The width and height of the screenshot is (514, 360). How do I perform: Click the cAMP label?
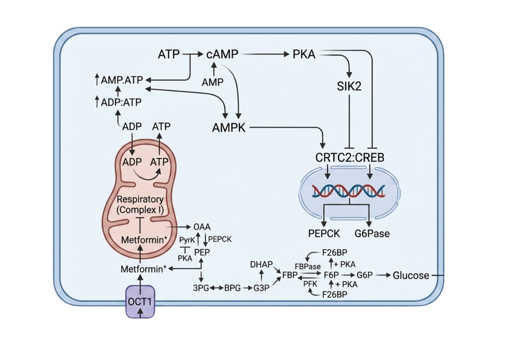222,54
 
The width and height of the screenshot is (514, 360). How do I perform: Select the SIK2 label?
349,86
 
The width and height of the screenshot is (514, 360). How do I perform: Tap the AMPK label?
229,128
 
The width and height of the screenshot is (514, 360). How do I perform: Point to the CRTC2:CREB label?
350,158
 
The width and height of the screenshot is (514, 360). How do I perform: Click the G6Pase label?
372,234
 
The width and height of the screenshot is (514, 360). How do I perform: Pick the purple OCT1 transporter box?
141,302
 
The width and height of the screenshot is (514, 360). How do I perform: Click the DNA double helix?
349,191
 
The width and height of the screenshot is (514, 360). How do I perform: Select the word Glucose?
411,276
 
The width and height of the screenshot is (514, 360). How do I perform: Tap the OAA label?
202,227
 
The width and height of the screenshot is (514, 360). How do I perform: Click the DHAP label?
261,264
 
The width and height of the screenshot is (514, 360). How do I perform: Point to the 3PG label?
201,288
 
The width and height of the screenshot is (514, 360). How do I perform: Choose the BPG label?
232,288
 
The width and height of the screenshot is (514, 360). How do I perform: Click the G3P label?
261,288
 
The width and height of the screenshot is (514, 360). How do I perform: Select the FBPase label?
308,267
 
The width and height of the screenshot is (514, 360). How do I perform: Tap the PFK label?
310,284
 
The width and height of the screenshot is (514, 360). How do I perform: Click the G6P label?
364,276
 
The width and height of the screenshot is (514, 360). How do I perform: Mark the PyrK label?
187,241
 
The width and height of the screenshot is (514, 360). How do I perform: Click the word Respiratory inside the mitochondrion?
140,199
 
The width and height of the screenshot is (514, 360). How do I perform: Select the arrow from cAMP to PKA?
266,54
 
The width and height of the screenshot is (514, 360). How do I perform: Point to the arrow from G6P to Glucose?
382,276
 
